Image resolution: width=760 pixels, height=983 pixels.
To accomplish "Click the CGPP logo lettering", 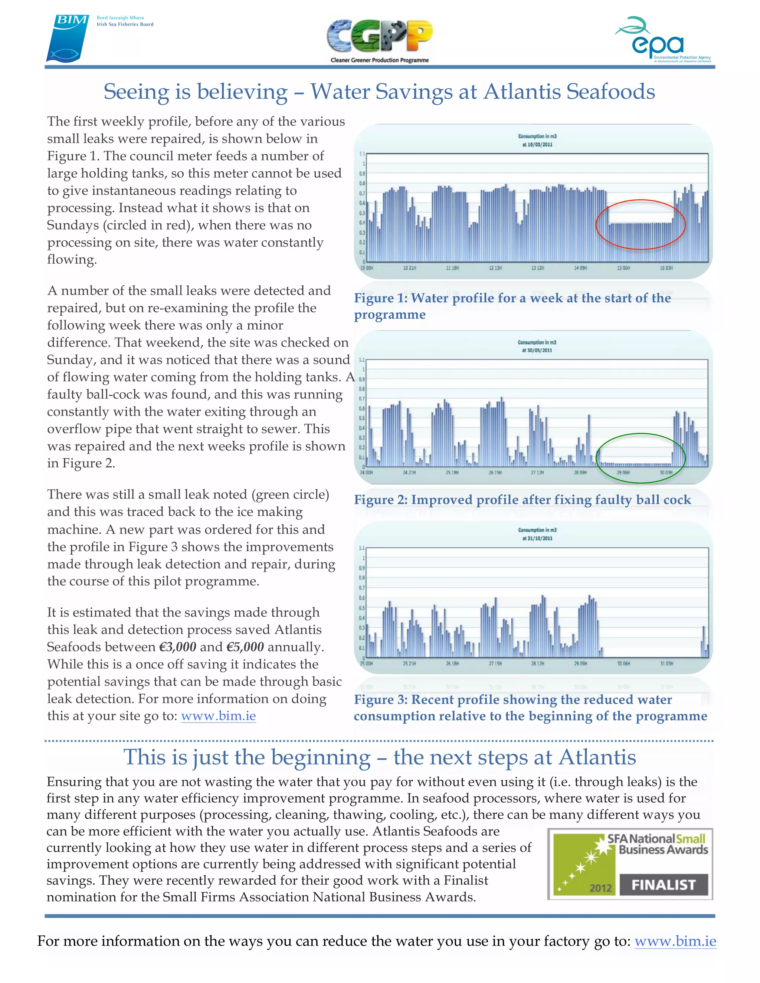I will [380, 37].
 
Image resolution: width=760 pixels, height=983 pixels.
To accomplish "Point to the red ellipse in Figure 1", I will [640, 200].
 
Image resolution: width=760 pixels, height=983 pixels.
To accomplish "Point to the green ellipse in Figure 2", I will [640, 434].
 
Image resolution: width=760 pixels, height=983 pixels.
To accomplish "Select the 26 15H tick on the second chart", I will [494, 473].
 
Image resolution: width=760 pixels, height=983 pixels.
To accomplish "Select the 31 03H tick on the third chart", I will [666, 664].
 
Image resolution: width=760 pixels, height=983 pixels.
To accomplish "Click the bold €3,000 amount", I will [177, 647].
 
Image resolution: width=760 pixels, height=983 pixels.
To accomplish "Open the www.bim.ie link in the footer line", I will [675, 941].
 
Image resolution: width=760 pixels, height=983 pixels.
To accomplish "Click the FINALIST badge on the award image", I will [663, 885].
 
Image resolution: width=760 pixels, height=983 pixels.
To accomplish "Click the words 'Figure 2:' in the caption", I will [380, 500].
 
